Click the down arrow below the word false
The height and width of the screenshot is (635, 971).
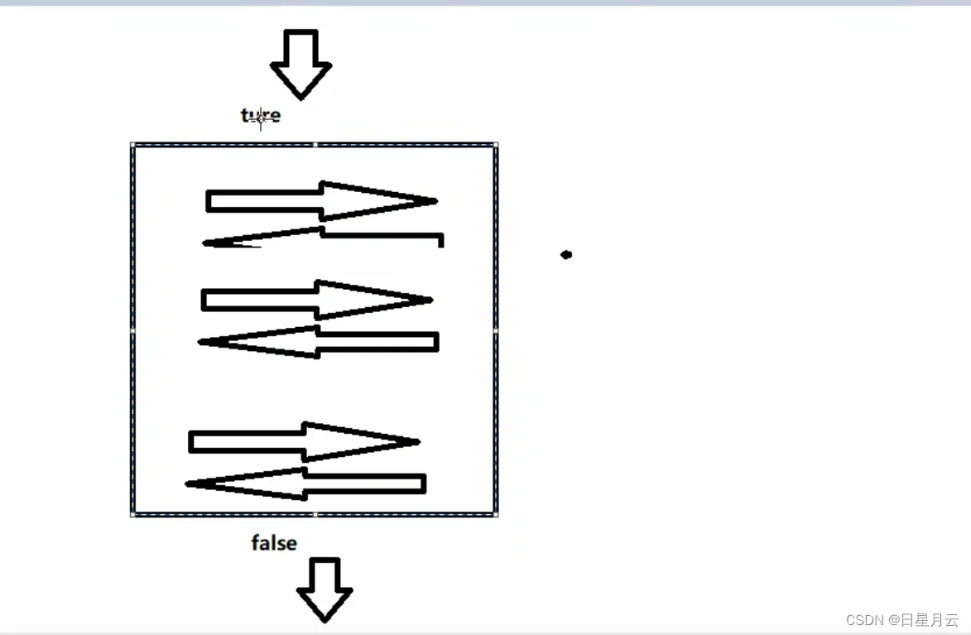pyautogui.click(x=324, y=589)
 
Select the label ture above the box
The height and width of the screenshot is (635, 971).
pyautogui.click(x=261, y=116)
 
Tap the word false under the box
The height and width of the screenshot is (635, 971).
pyautogui.click(x=274, y=543)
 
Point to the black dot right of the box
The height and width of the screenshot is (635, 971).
pyautogui.click(x=566, y=254)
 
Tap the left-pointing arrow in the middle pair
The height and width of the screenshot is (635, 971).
pyautogui.click(x=318, y=342)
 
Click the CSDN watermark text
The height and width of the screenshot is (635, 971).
pyautogui.click(x=901, y=619)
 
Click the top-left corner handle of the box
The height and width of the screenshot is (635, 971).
pyautogui.click(x=132, y=145)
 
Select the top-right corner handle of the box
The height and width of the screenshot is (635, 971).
pyautogui.click(x=496, y=145)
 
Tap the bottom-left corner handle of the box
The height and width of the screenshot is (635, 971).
pyautogui.click(x=132, y=515)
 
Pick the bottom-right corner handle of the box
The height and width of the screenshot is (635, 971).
pyautogui.click(x=496, y=515)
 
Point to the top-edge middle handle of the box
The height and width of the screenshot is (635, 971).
pyautogui.click(x=315, y=145)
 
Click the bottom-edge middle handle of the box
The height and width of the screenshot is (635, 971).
pyautogui.click(x=315, y=515)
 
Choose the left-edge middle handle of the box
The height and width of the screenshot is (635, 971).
pyautogui.click(x=132, y=330)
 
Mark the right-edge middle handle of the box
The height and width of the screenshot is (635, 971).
pyautogui.click(x=496, y=330)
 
